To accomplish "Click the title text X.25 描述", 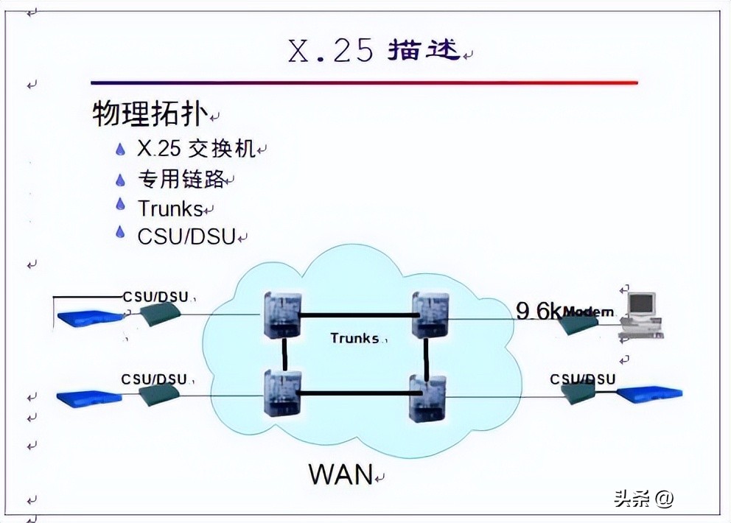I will coord(374,50).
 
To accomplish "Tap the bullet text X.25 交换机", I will coord(196,149).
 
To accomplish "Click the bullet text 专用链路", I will coord(180,179).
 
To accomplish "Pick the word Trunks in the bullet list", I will coord(169,208).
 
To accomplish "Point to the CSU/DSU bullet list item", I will coord(186,236).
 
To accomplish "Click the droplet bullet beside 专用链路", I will coord(121,179).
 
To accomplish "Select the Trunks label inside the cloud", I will coord(354,338).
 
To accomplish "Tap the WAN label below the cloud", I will coord(340,474).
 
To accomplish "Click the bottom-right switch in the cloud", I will coord(427,396).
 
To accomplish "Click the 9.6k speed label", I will coord(538,311).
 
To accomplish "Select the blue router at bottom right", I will coord(648,395).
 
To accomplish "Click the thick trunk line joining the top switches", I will coord(357,315).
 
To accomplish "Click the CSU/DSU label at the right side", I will coord(582,379).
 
